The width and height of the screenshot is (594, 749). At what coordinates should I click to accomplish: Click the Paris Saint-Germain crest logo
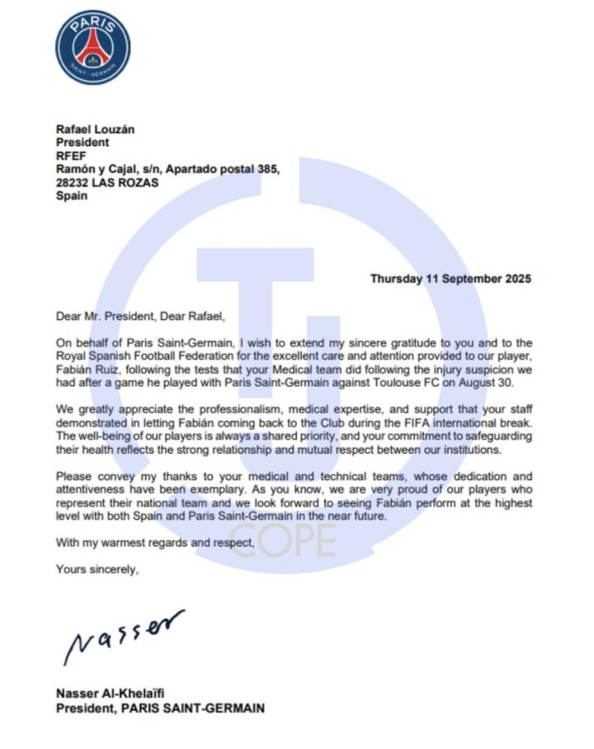pyautogui.click(x=92, y=47)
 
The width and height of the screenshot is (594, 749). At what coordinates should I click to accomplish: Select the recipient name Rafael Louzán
pyautogui.click(x=95, y=130)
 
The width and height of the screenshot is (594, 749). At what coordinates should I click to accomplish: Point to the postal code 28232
pyautogui.click(x=73, y=182)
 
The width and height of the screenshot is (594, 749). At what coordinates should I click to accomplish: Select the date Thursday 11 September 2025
pyautogui.click(x=450, y=279)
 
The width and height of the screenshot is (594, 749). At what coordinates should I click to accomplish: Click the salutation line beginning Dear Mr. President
pyautogui.click(x=139, y=316)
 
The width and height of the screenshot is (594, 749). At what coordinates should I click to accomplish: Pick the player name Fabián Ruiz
pyautogui.click(x=89, y=369)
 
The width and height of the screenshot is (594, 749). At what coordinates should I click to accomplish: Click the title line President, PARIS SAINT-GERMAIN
pyautogui.click(x=160, y=708)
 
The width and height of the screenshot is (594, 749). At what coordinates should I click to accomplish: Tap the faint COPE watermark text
pyautogui.click(x=283, y=540)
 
